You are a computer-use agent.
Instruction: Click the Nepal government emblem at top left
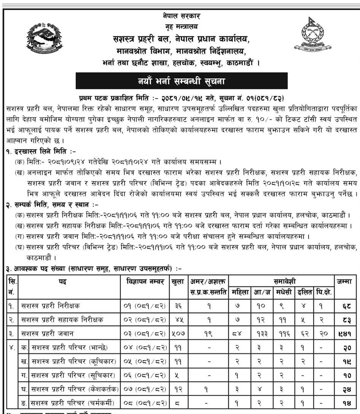point(43,38)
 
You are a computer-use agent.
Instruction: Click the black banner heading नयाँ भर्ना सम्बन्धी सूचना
point(181,81)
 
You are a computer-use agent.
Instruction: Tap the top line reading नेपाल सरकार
point(181,16)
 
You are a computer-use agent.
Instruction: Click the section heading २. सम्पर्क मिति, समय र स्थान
point(54,205)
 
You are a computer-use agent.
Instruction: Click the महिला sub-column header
point(240,292)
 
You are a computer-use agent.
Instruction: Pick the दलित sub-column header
point(304,292)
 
